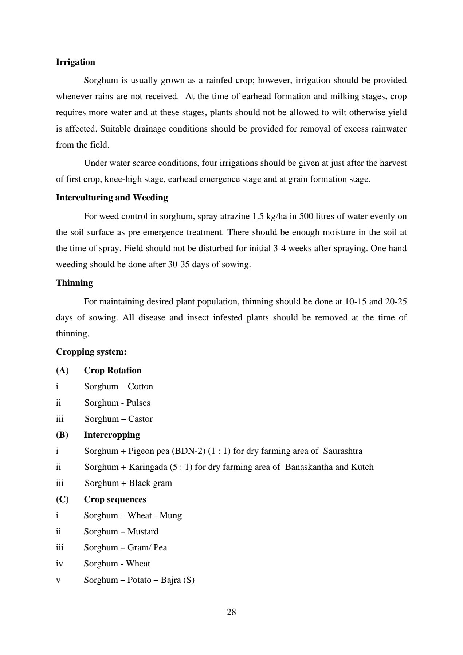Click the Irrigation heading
(x=75, y=62)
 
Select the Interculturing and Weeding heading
(x=112, y=198)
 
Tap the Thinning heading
(x=74, y=283)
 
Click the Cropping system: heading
(x=91, y=352)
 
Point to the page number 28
(x=231, y=612)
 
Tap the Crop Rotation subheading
(x=113, y=370)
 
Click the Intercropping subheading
(x=112, y=435)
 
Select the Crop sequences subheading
(x=115, y=499)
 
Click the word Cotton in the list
(x=140, y=386)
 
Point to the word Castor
(x=140, y=419)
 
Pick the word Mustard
(x=143, y=531)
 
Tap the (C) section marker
(x=62, y=499)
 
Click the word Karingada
(x=148, y=467)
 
